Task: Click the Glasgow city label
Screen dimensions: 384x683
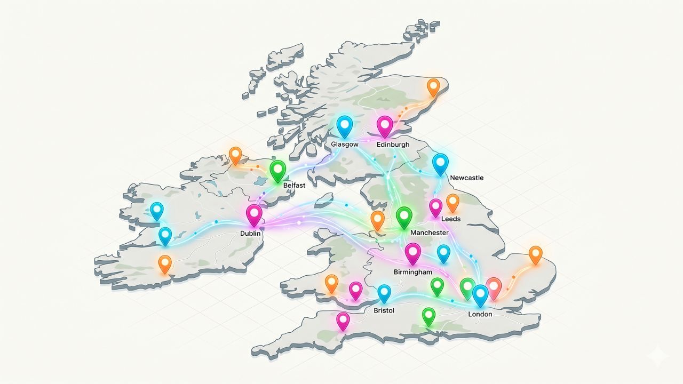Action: pyautogui.click(x=344, y=145)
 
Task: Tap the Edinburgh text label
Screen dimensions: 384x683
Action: pyautogui.click(x=393, y=145)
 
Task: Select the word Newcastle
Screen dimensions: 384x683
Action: pyautogui.click(x=466, y=178)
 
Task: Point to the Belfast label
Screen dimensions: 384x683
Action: pyautogui.click(x=294, y=185)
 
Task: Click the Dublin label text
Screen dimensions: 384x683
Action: pyautogui.click(x=250, y=234)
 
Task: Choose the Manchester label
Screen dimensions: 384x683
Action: pyautogui.click(x=429, y=233)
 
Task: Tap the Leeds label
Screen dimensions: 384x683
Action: pyautogui.click(x=451, y=219)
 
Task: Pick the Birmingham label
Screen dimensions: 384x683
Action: pyautogui.click(x=412, y=272)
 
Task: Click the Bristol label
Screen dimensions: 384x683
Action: pyautogui.click(x=384, y=310)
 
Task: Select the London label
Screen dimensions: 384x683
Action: pyautogui.click(x=480, y=314)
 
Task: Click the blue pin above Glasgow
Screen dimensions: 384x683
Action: pyautogui.click(x=345, y=126)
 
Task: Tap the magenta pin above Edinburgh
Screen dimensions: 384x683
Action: pyautogui.click(x=385, y=126)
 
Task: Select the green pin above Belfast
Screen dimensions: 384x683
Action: pyautogui.click(x=278, y=171)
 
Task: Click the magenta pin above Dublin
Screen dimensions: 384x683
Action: pyautogui.click(x=255, y=214)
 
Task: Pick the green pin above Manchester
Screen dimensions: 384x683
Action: pyautogui.click(x=404, y=217)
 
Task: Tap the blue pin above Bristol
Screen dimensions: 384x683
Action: pyautogui.click(x=384, y=293)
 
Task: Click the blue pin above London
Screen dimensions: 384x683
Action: pyautogui.click(x=480, y=294)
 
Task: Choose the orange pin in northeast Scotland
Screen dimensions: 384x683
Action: pyautogui.click(x=433, y=86)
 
